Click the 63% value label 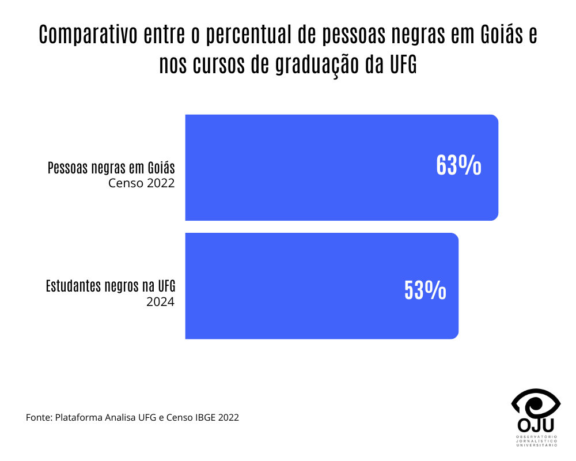pyautogui.click(x=458, y=165)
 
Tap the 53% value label pyautogui.click(x=425, y=290)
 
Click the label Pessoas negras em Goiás pyautogui.click(x=111, y=168)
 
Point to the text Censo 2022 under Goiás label pyautogui.click(x=141, y=184)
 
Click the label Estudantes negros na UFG pyautogui.click(x=110, y=286)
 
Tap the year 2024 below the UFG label pyautogui.click(x=161, y=301)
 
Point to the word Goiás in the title pyautogui.click(x=501, y=35)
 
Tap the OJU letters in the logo pyautogui.click(x=536, y=425)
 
